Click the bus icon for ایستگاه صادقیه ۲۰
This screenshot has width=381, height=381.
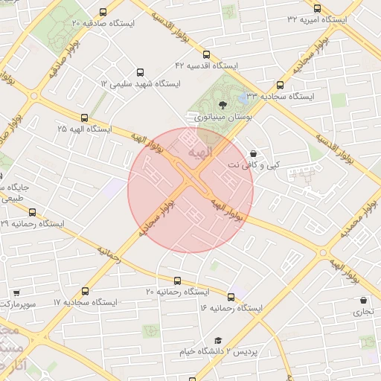[102, 13]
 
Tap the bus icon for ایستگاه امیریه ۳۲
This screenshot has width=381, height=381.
[318, 8]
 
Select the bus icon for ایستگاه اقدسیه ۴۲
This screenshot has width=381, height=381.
[206, 54]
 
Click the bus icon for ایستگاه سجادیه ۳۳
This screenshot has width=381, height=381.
[280, 86]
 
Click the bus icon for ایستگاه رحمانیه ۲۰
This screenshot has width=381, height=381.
[177, 281]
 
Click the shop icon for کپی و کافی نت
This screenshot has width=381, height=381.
[253, 153]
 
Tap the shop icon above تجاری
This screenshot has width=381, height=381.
[363, 301]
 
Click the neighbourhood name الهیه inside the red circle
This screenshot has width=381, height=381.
[200, 153]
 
